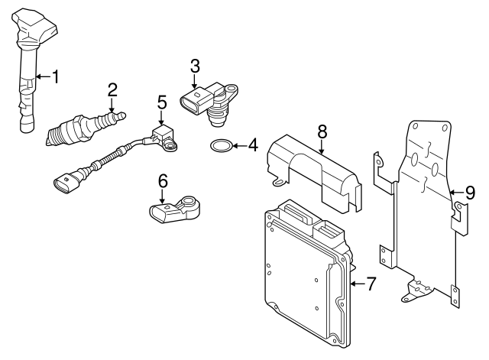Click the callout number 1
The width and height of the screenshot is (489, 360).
tap(56, 76)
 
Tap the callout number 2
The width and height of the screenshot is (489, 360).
tap(112, 90)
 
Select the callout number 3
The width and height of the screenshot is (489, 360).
tap(195, 66)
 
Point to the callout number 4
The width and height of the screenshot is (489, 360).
tap(253, 145)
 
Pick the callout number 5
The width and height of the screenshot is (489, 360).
tap(162, 102)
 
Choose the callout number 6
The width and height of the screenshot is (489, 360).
tap(163, 181)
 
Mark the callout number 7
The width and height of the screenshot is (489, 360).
tap(371, 284)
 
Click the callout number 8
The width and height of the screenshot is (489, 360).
tap(322, 131)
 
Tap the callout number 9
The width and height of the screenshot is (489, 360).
tap(470, 193)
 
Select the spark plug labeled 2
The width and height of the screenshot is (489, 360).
tap(86, 128)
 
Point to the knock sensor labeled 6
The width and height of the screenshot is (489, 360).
tap(175, 209)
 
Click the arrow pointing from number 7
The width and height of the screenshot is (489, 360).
tap(357, 284)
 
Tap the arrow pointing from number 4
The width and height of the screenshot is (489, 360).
tap(239, 146)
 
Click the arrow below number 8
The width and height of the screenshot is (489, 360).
tap(322, 147)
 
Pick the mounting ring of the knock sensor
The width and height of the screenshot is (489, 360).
tap(189, 202)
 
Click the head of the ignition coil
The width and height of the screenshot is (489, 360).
tap(34, 27)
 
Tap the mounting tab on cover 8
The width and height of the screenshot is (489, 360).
tap(280, 182)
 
